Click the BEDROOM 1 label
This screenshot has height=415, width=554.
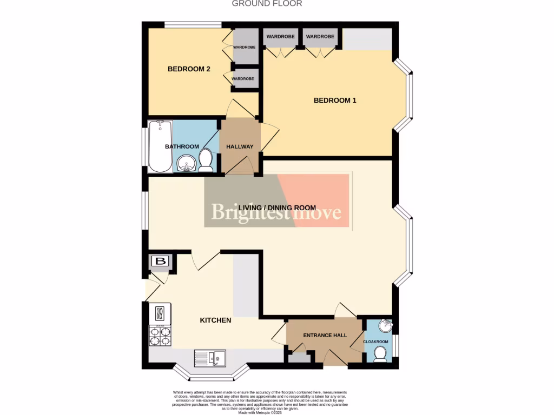click(x=335, y=101)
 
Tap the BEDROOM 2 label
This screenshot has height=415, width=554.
click(x=189, y=69)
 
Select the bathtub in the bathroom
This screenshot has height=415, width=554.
click(x=160, y=146)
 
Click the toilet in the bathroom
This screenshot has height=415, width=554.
click(x=206, y=161)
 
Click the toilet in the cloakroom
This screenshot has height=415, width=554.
click(x=380, y=353)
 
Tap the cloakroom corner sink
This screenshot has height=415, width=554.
click(x=386, y=326)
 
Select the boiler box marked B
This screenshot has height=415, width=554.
click(x=160, y=262)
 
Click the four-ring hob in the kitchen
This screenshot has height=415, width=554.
click(x=160, y=337)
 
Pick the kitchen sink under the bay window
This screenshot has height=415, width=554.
click(x=211, y=357)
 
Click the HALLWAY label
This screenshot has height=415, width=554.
click(x=240, y=146)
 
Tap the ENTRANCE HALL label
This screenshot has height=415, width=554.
click(x=325, y=336)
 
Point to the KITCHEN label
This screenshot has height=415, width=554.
click(x=215, y=320)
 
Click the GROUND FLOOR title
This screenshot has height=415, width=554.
click(x=267, y=4)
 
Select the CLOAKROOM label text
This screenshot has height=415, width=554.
click(x=375, y=342)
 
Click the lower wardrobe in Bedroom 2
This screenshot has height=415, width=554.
click(x=243, y=78)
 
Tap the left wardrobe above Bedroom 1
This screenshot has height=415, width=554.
click(x=280, y=37)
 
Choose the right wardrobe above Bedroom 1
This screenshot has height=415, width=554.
click(x=320, y=37)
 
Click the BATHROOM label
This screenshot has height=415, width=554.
click(x=182, y=146)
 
